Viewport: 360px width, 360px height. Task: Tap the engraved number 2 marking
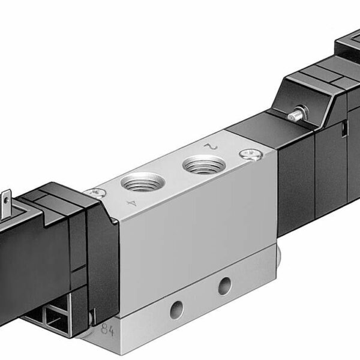[x=209, y=145]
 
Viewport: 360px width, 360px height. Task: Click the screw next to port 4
[x=94, y=193]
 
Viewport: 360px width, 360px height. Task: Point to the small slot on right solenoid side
[x=343, y=128]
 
